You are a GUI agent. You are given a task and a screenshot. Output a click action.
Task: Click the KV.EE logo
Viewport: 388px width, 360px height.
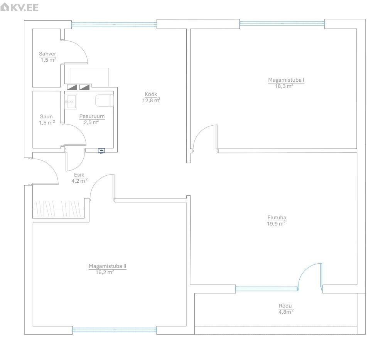coord(19,7)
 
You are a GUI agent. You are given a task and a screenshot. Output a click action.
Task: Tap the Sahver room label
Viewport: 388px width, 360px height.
coord(47,54)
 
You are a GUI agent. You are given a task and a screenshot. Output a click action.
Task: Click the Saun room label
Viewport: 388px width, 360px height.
coord(47,116)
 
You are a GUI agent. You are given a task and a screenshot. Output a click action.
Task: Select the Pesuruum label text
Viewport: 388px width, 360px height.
coord(92,116)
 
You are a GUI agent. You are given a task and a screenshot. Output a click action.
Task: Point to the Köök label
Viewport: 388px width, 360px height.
coord(151,94)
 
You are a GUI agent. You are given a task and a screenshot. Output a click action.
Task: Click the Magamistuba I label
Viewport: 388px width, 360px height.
coord(286,80)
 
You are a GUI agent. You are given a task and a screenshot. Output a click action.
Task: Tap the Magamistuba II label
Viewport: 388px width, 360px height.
coord(107,266)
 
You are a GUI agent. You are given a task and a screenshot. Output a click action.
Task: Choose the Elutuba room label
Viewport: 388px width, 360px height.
coord(277,218)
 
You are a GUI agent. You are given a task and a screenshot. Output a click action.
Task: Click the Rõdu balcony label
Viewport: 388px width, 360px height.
coord(285,306)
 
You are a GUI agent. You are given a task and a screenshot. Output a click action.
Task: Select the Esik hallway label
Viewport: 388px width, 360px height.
coord(79,175)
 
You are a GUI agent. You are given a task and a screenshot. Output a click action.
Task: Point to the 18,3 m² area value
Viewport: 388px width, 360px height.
coord(284,86)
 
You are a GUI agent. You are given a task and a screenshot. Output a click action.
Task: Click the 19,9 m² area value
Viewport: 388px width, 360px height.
coord(276,224)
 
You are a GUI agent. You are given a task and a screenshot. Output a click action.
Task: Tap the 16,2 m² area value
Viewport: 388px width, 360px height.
coord(105,272)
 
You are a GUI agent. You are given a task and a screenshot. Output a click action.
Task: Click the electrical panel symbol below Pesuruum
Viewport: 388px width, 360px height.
coord(101,151)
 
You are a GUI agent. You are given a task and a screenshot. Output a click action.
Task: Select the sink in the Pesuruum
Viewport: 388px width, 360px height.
coord(71,101)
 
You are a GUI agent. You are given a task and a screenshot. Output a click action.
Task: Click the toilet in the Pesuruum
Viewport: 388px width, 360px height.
coord(104,101)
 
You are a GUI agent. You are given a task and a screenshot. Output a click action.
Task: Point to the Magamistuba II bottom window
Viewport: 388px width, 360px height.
coord(114,330)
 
